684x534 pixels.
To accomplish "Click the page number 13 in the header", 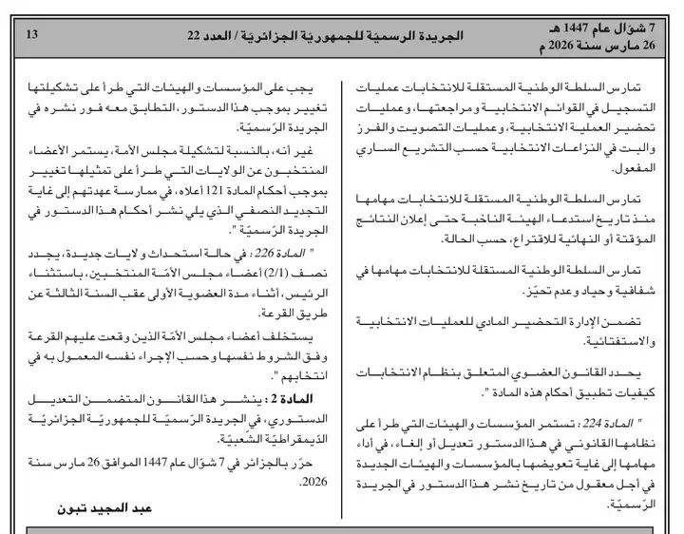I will (x=30, y=35).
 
